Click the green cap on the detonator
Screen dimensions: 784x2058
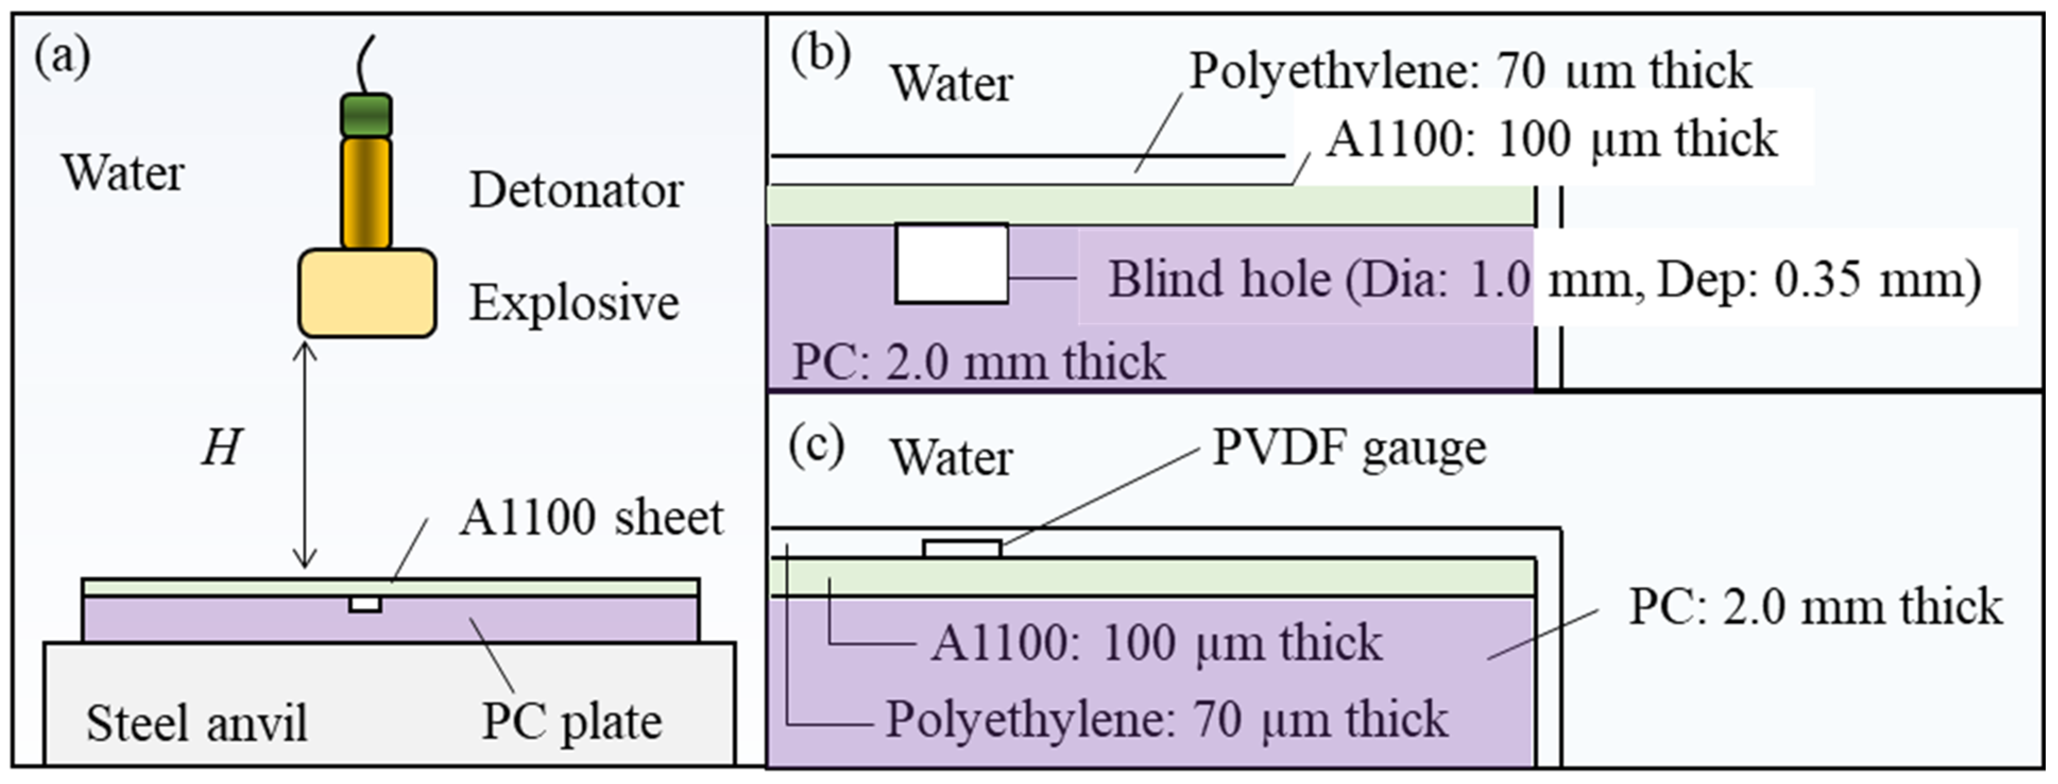pos(366,116)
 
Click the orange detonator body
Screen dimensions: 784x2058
pos(366,193)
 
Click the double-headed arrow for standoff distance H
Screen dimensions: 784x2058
pos(304,456)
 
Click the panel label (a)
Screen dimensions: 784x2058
pos(62,57)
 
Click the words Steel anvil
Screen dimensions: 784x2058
pos(197,723)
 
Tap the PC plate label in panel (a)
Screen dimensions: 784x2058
pos(571,722)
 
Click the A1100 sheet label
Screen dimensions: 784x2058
pos(591,518)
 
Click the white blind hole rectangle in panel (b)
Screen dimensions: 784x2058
pos(951,264)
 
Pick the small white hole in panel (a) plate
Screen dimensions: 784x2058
pos(365,605)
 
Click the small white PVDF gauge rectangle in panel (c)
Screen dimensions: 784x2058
pos(962,548)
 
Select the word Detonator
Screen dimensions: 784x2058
pos(575,191)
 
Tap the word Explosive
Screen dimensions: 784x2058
pos(574,304)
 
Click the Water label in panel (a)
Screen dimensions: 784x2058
pos(123,173)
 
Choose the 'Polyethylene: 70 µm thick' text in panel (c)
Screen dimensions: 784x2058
pos(1166,719)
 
